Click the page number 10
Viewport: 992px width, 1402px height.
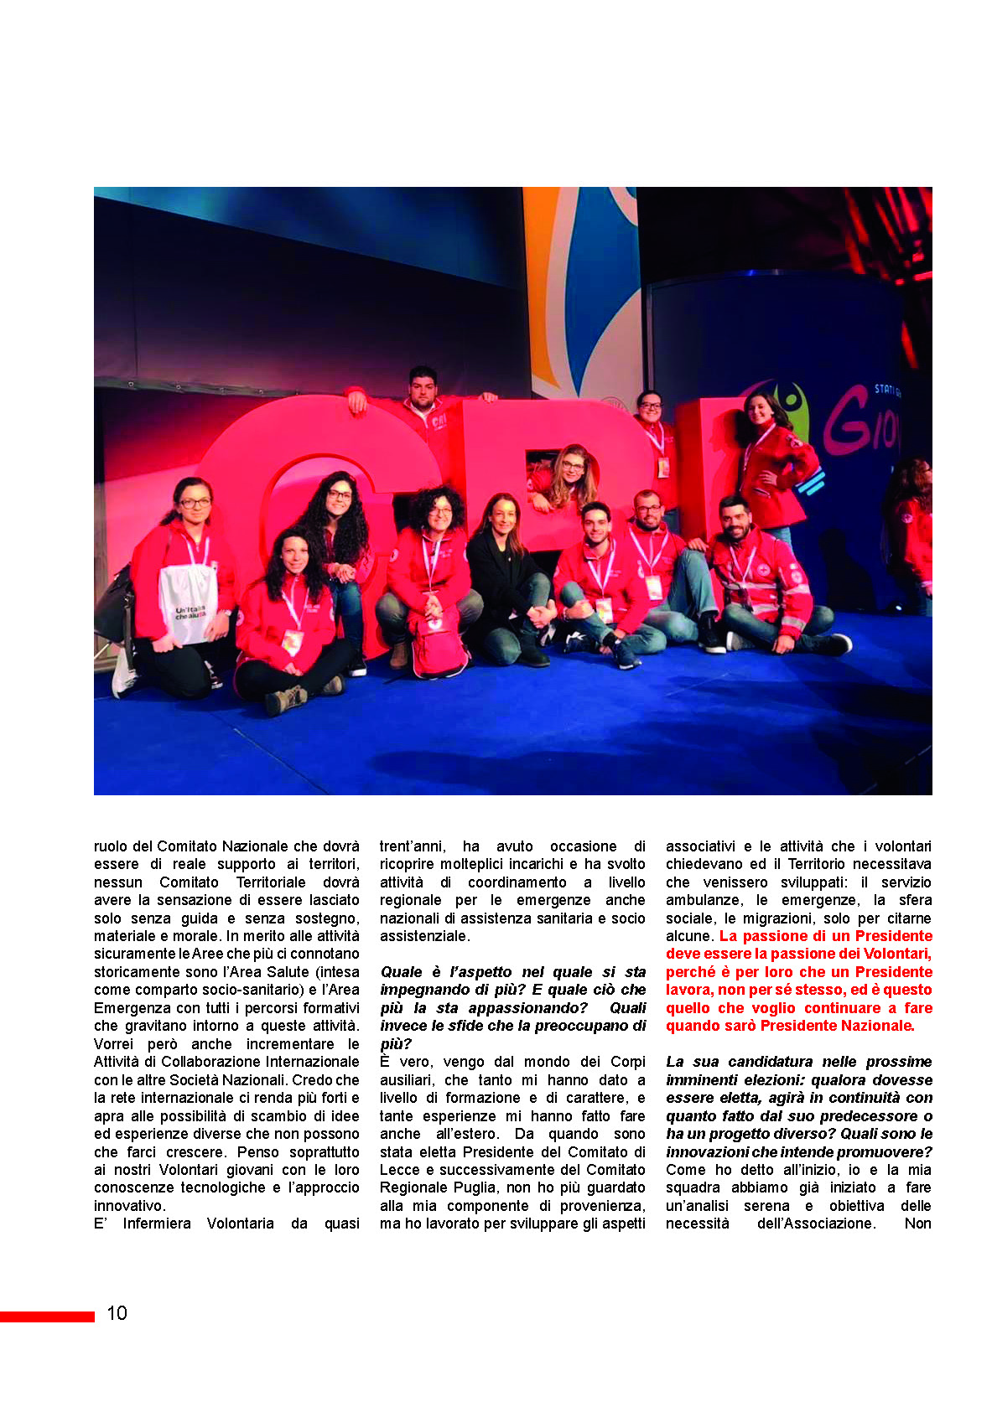pos(117,1313)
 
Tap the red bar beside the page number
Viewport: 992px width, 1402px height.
pos(47,1317)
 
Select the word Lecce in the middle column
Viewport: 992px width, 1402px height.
pos(399,1170)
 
